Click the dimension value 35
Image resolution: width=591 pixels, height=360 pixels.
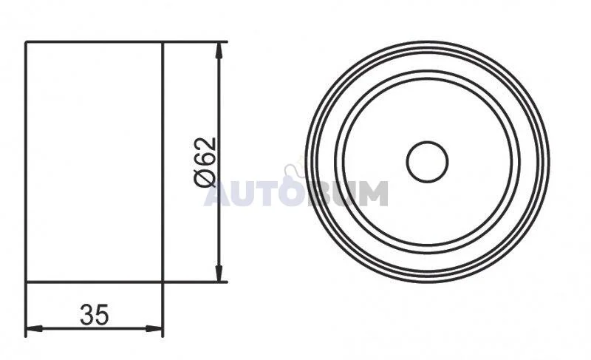click(95, 314)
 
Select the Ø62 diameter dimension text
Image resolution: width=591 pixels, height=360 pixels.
click(205, 162)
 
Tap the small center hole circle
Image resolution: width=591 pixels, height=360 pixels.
click(427, 162)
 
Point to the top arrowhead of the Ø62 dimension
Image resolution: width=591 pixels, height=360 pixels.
click(218, 50)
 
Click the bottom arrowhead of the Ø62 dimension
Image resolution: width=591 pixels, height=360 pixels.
click(218, 273)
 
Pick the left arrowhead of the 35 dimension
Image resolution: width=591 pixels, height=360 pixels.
click(34, 328)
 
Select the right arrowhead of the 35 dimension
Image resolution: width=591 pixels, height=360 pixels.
click(154, 328)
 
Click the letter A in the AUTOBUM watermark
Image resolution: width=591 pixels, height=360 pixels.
click(217, 194)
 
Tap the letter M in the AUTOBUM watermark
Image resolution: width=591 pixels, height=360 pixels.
click(372, 194)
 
